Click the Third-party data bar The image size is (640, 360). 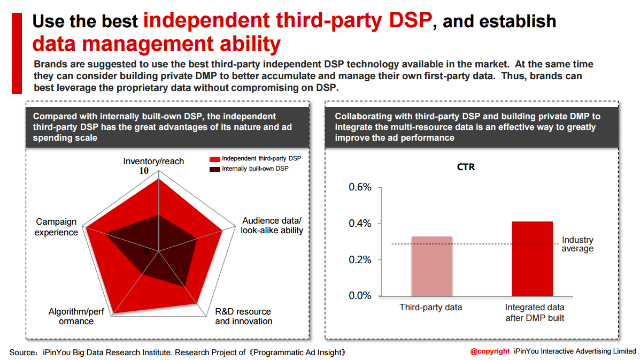(x=431, y=266)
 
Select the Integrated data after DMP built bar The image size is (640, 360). (x=532, y=258)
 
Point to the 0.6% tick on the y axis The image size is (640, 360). (x=360, y=187)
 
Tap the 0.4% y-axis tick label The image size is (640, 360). (x=360, y=224)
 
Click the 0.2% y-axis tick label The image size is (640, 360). (x=360, y=260)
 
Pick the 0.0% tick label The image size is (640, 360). (x=360, y=296)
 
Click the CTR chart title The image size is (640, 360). (x=466, y=167)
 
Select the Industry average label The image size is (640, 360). (x=577, y=244)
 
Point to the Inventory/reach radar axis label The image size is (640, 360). (x=153, y=161)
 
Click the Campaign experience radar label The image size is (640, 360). (x=56, y=227)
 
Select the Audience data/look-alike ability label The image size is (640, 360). (x=272, y=225)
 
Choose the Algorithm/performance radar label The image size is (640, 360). (x=71, y=316)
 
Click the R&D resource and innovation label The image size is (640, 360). (x=243, y=316)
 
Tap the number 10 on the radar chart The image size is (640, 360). (x=144, y=171)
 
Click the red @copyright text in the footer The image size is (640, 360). (x=490, y=351)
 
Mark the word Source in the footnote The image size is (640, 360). (x=22, y=353)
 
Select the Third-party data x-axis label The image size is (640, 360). (x=431, y=308)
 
